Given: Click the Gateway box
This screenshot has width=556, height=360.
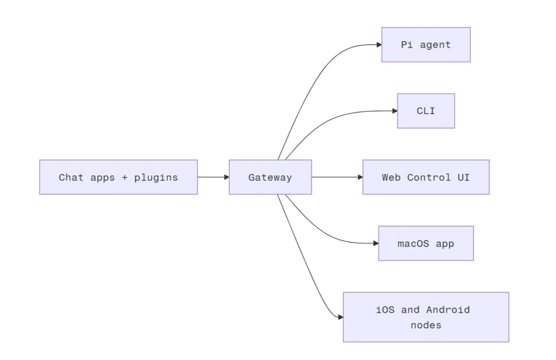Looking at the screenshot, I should (x=270, y=177).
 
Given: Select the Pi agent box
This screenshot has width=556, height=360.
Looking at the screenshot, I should (x=426, y=45).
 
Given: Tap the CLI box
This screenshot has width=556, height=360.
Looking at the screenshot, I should (x=426, y=111).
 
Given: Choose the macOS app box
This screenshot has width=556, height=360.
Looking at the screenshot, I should (x=426, y=243).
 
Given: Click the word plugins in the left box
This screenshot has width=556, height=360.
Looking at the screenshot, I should (x=156, y=178).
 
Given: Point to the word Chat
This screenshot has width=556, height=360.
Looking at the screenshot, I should (x=71, y=178).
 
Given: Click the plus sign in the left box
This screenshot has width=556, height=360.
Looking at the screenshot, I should (x=124, y=178).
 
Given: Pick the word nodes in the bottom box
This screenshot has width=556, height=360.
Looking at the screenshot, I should (x=426, y=325).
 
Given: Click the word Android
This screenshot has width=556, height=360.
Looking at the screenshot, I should (x=448, y=310).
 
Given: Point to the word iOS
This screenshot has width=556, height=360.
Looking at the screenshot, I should (x=385, y=310).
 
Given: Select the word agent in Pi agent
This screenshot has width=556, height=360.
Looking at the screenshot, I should (x=435, y=45).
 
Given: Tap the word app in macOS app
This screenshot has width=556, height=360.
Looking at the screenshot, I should (x=445, y=244).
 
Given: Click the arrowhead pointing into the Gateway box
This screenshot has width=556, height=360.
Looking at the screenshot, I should (x=226, y=177).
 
